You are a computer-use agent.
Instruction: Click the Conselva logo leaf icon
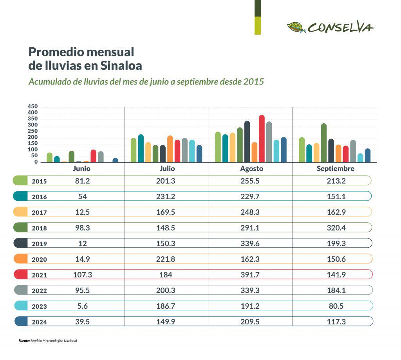click(296, 27)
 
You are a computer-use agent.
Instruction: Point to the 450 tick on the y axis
click(33, 106)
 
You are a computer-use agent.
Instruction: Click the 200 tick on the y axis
click(33, 137)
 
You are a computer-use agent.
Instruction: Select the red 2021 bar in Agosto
click(262, 139)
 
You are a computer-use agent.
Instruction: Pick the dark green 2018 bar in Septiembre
click(324, 143)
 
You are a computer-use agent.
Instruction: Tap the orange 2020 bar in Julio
click(170, 149)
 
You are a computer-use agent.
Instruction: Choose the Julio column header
click(167, 169)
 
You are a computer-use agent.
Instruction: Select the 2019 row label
click(39, 244)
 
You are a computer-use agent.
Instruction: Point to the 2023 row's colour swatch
click(21, 306)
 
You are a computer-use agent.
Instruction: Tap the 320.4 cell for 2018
click(336, 228)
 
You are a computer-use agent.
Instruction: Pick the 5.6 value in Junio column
click(82, 306)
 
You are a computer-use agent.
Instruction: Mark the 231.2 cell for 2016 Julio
click(166, 196)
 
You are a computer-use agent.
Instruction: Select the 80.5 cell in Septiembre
click(336, 306)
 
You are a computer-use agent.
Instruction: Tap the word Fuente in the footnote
click(24, 341)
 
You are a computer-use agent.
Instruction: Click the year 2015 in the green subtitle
click(253, 82)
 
